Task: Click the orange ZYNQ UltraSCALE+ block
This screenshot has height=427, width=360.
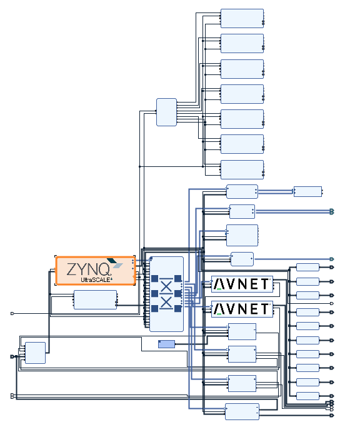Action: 95,271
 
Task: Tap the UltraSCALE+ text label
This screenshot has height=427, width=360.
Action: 97,279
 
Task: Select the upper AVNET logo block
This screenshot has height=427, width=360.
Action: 242,284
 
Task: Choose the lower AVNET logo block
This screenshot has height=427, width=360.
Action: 242,309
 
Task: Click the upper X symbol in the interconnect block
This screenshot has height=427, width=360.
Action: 166,286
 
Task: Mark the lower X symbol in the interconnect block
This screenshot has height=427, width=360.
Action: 166,302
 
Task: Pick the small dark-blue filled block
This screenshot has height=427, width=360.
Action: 166,344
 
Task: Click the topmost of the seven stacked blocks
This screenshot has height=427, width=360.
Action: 242,18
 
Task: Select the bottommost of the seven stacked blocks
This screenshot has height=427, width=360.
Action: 242,169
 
